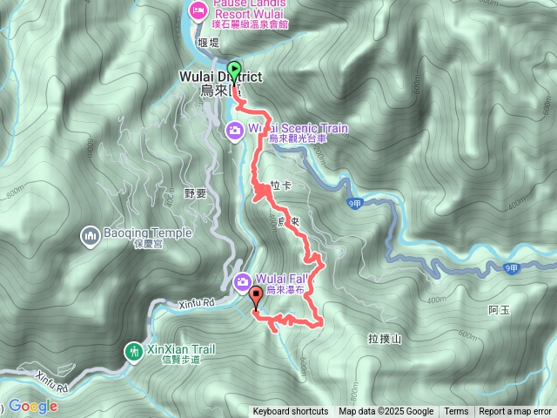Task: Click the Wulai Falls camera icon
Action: click(244, 280)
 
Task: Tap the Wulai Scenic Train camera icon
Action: click(235, 131)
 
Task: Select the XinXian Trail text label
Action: click(180, 349)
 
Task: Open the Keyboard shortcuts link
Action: click(291, 412)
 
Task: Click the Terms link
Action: click(456, 412)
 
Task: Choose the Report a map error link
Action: click(516, 412)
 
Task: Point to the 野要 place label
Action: click(197, 194)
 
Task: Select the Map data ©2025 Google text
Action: click(386, 412)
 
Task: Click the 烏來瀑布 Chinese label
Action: click(288, 290)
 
